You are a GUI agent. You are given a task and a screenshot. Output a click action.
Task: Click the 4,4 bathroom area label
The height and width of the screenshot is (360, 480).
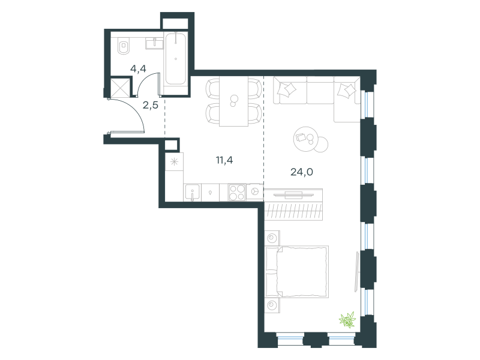point(138,69)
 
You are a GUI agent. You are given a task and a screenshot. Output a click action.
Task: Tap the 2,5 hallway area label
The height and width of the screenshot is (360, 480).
point(151,106)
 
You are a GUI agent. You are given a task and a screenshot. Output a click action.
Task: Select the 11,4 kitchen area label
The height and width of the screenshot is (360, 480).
point(224,160)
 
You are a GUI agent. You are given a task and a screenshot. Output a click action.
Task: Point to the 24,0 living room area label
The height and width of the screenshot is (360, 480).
point(302,172)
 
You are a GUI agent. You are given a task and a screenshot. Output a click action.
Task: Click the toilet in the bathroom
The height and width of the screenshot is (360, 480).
point(123,46)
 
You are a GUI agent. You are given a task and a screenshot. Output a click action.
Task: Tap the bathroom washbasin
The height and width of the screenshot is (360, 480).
point(154,43)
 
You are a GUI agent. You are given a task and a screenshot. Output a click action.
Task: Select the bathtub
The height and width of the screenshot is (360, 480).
point(175,58)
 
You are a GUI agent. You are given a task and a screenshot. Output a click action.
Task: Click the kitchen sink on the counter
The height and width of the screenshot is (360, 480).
point(192,193)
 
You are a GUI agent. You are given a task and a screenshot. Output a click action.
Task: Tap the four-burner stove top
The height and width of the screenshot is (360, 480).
point(237,192)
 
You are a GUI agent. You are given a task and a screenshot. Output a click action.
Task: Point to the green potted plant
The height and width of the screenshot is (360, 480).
point(347,320)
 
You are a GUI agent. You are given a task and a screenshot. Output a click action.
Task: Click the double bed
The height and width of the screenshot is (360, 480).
point(297,272)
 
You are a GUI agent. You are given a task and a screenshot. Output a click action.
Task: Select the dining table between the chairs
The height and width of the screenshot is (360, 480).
point(233,101)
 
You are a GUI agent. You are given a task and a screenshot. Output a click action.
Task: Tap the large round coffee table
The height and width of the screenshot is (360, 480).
point(306,139)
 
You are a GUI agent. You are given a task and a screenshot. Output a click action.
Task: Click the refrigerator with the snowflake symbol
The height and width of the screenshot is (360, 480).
point(174,161)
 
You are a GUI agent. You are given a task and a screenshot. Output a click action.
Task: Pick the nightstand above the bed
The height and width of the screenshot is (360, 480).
point(272,238)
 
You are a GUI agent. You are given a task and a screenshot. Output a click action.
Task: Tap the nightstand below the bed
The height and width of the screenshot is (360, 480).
point(272,305)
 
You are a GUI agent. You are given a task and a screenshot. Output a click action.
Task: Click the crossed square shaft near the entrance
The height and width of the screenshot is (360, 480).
point(119,88)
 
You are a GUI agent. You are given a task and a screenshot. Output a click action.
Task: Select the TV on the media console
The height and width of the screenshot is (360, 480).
point(293,194)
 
